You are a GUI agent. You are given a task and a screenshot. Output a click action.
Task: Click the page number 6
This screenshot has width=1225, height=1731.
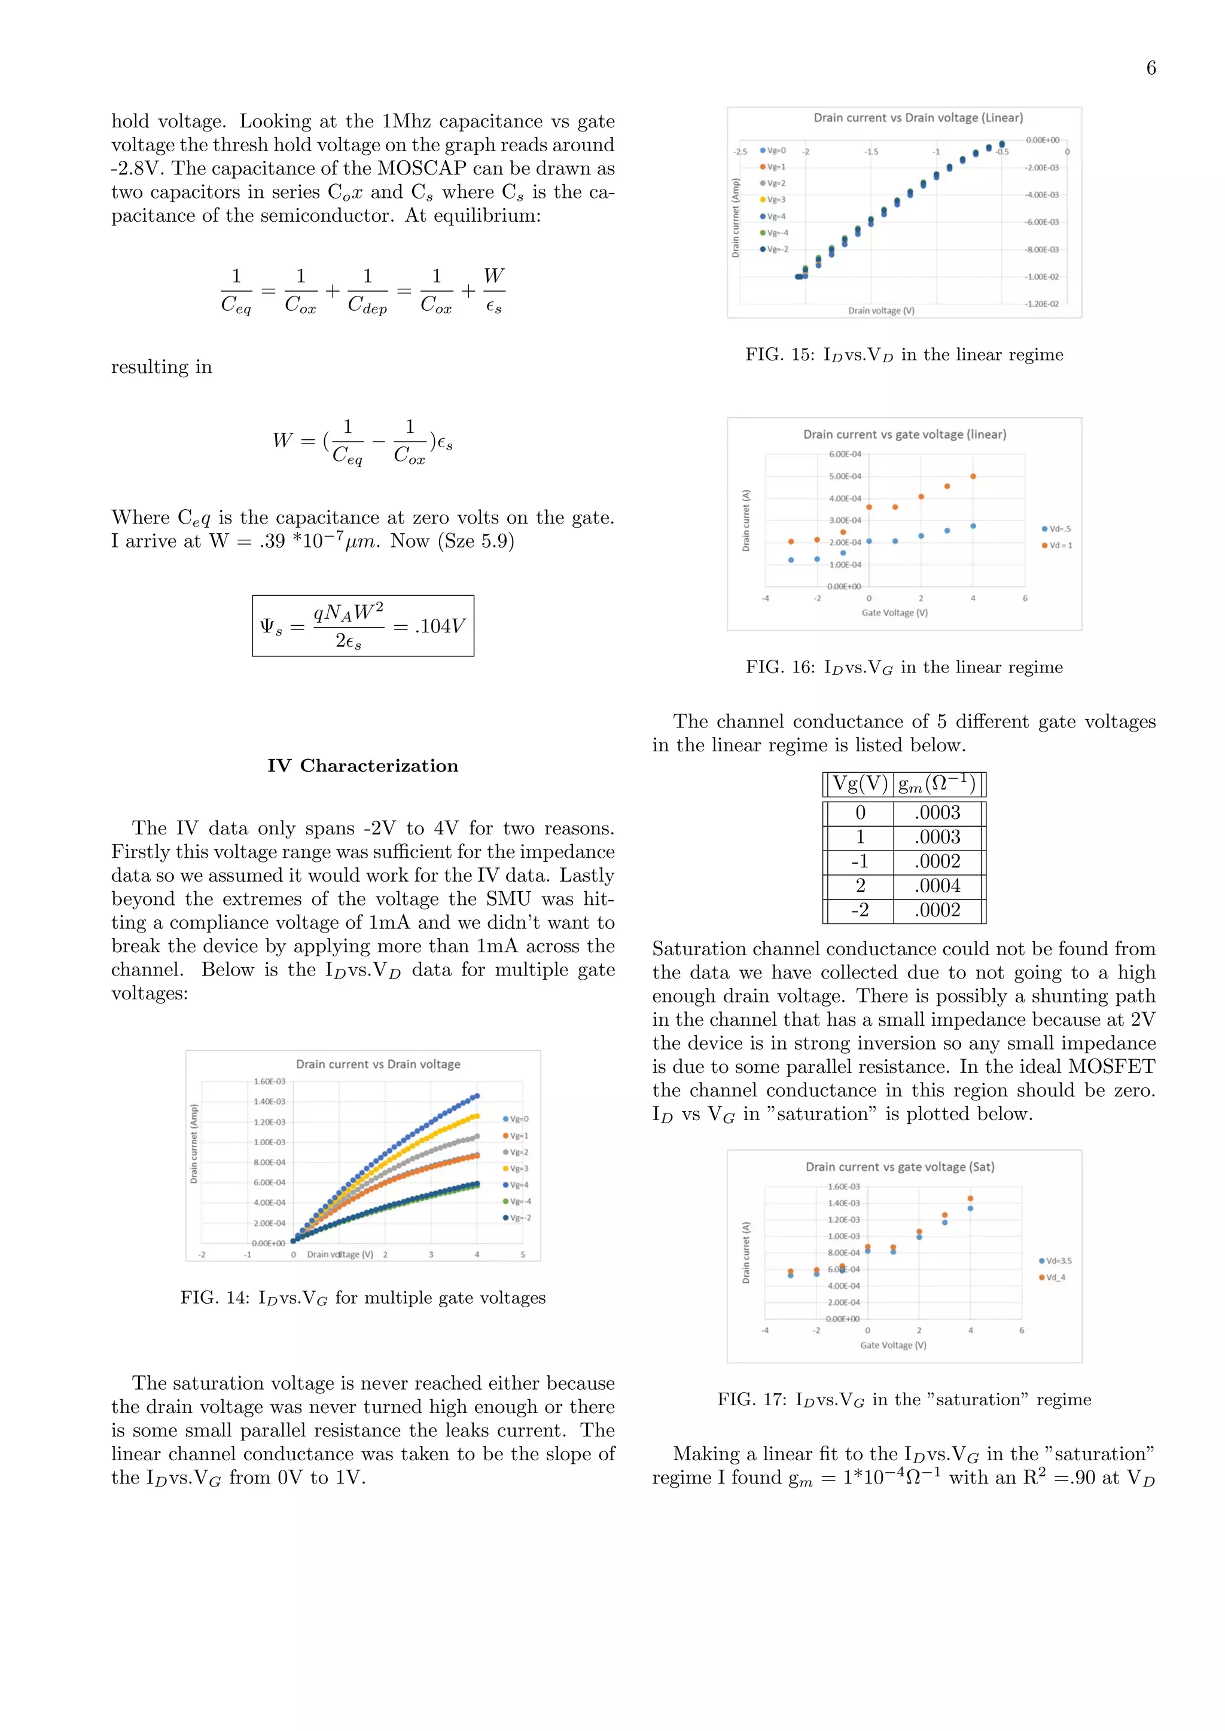point(1150,68)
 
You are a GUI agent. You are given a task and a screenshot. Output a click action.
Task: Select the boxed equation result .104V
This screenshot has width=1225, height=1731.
point(440,626)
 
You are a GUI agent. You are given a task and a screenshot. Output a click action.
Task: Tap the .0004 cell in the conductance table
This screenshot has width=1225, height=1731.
point(938,885)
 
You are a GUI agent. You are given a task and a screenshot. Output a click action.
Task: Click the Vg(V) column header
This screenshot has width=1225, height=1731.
point(860,784)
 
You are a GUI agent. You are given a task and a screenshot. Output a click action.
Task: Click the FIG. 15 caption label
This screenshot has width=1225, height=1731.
point(780,354)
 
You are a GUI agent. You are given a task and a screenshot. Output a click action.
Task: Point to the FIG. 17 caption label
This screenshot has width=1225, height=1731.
point(752,1399)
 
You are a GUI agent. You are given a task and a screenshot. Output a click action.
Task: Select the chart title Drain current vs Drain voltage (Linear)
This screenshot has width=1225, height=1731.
point(918,118)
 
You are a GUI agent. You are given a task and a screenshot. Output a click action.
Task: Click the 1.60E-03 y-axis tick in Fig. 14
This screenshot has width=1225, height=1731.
point(269,1081)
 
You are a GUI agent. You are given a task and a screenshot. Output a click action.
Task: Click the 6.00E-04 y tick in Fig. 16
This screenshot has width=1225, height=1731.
point(844,454)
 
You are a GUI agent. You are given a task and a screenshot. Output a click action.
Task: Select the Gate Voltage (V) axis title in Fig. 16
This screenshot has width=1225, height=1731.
point(895,612)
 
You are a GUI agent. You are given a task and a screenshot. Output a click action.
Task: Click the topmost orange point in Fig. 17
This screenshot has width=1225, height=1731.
point(970,1198)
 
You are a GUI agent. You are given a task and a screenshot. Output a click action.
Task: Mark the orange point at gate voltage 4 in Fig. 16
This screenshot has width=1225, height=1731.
point(973,476)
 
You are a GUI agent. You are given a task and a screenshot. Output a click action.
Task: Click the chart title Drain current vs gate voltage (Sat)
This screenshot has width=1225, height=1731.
point(899,1166)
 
